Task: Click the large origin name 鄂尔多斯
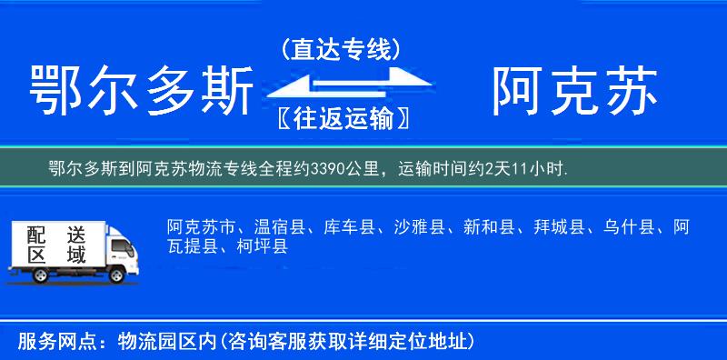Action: tap(141, 93)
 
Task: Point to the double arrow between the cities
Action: tap(340, 85)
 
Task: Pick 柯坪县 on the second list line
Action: tap(262, 246)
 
